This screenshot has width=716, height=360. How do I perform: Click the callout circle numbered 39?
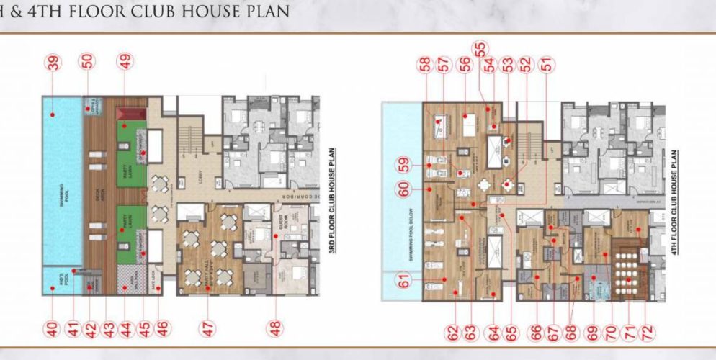(53, 63)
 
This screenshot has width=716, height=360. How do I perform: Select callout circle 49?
(126, 62)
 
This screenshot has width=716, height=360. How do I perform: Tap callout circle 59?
(404, 165)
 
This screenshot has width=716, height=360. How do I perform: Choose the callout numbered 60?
(404, 189)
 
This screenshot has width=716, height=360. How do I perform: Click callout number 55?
(480, 48)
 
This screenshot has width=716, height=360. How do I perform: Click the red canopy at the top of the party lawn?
(134, 112)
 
